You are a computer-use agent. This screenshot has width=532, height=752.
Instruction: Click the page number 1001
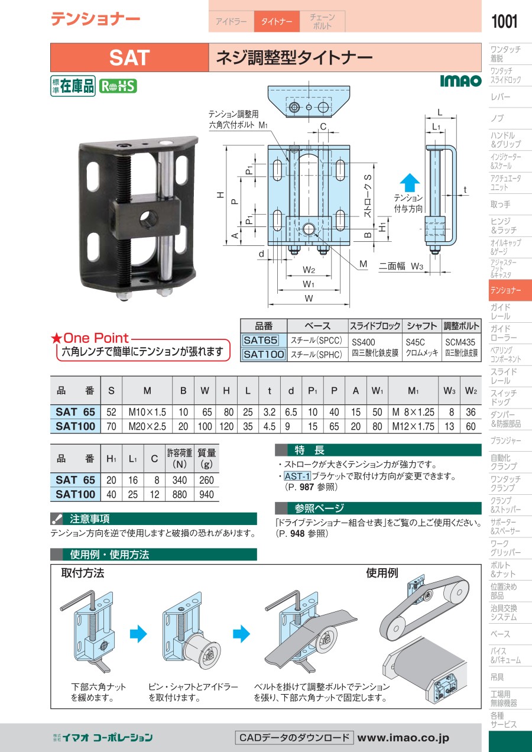[x=504, y=21]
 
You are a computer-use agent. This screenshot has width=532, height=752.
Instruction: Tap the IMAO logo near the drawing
[x=461, y=80]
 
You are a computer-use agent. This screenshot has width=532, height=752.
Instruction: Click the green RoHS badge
[x=118, y=86]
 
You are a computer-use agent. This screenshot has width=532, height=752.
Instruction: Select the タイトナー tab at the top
[x=277, y=21]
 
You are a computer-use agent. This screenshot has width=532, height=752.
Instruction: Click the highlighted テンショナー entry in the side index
[x=510, y=290]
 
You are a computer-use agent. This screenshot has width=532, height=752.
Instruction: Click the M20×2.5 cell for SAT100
[x=147, y=426]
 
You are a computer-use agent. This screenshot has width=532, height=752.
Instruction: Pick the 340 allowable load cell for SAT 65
[x=180, y=480]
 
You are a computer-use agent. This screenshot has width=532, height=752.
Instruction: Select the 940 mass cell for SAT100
[x=206, y=494]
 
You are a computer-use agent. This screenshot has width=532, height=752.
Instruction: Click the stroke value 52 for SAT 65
[x=112, y=412]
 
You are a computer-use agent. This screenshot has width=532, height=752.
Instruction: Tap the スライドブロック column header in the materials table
[x=375, y=326]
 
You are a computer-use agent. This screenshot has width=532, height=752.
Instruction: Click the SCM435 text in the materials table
[x=460, y=342]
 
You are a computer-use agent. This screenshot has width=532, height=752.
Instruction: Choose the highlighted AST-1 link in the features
[x=297, y=476]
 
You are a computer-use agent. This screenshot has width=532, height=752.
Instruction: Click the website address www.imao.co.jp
[x=403, y=737]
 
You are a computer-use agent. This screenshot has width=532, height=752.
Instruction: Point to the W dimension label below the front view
[x=309, y=298]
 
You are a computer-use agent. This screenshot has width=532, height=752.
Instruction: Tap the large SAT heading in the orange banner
[x=129, y=57]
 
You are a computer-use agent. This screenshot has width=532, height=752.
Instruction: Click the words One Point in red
[x=96, y=338]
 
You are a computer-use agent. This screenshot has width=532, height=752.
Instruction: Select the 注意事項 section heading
[x=90, y=518]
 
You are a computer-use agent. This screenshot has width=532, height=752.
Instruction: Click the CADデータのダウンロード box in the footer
[x=294, y=738]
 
